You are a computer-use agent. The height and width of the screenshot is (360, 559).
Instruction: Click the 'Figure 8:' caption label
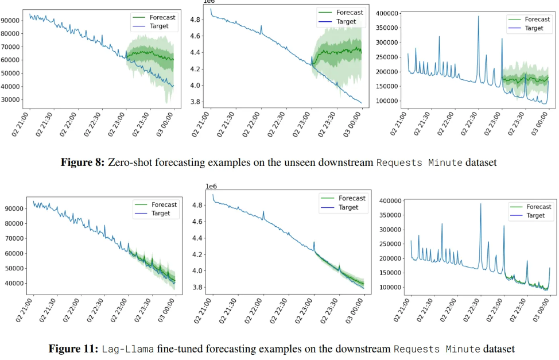(x=82, y=162)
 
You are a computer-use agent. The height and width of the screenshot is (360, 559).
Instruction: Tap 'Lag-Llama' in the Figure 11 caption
(x=127, y=349)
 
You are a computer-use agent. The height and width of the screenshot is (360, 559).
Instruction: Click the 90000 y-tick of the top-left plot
(x=11, y=20)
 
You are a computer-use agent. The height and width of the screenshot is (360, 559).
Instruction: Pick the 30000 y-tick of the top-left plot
(x=11, y=100)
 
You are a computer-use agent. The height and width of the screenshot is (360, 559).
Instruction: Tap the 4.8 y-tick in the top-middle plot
(x=196, y=20)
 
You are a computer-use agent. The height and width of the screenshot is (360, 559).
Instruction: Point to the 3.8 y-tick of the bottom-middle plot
(x=199, y=288)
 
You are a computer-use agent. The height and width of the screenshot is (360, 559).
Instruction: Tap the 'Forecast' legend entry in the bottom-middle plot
(x=351, y=198)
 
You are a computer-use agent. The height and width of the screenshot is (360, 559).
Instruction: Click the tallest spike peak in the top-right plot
(x=478, y=16)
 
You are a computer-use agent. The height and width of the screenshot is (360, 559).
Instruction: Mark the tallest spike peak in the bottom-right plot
(x=480, y=203)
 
